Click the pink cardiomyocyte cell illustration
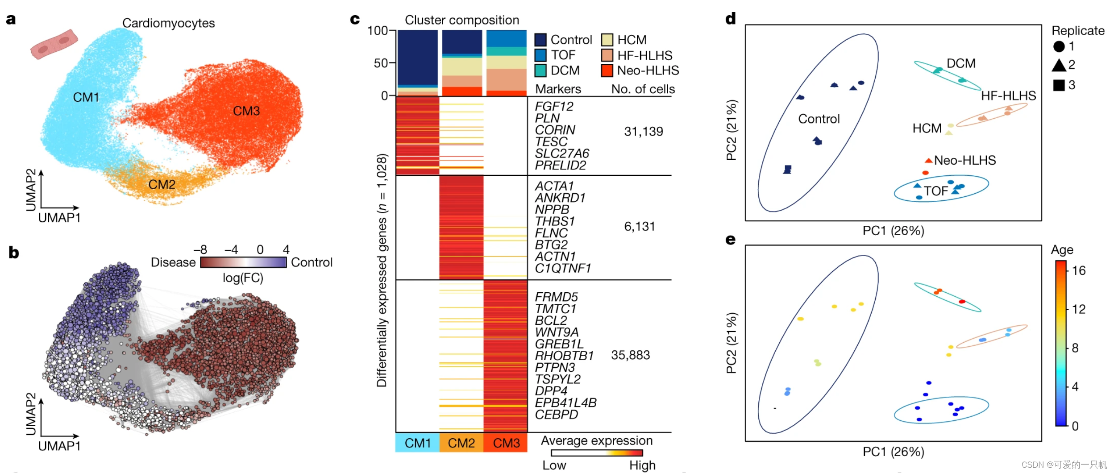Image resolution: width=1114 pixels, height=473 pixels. pyautogui.click(x=54, y=45)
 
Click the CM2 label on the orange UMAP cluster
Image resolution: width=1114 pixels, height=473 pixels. pyautogui.click(x=162, y=184)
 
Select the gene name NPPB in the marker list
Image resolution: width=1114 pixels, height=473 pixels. pyautogui.click(x=552, y=209)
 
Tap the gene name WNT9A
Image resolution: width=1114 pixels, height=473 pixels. pyautogui.click(x=557, y=332)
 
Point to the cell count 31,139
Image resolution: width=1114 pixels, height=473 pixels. pyautogui.click(x=643, y=132)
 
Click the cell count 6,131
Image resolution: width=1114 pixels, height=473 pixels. pyautogui.click(x=639, y=227)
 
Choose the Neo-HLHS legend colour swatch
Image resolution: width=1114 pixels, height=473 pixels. pyautogui.click(x=607, y=71)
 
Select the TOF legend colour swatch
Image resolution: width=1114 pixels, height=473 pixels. pyautogui.click(x=540, y=55)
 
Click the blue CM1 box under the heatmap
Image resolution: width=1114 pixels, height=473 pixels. pyautogui.click(x=417, y=443)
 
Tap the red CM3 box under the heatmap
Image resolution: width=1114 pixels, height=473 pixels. pyautogui.click(x=506, y=443)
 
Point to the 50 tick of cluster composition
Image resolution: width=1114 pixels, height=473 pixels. pyautogui.click(x=381, y=63)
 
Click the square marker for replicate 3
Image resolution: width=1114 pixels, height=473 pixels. pyautogui.click(x=1059, y=85)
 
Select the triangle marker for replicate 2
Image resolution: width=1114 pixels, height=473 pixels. pyautogui.click(x=1059, y=65)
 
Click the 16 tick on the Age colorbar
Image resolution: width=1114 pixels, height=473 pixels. pyautogui.click(x=1078, y=270)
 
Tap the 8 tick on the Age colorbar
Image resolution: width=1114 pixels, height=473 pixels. pyautogui.click(x=1075, y=348)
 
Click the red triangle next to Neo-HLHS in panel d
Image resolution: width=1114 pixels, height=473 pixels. pyautogui.click(x=928, y=161)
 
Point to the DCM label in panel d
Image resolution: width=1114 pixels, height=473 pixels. pyautogui.click(x=961, y=63)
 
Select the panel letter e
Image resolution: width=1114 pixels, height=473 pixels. pyautogui.click(x=730, y=240)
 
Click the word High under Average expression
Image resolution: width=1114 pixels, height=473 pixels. pyautogui.click(x=642, y=465)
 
